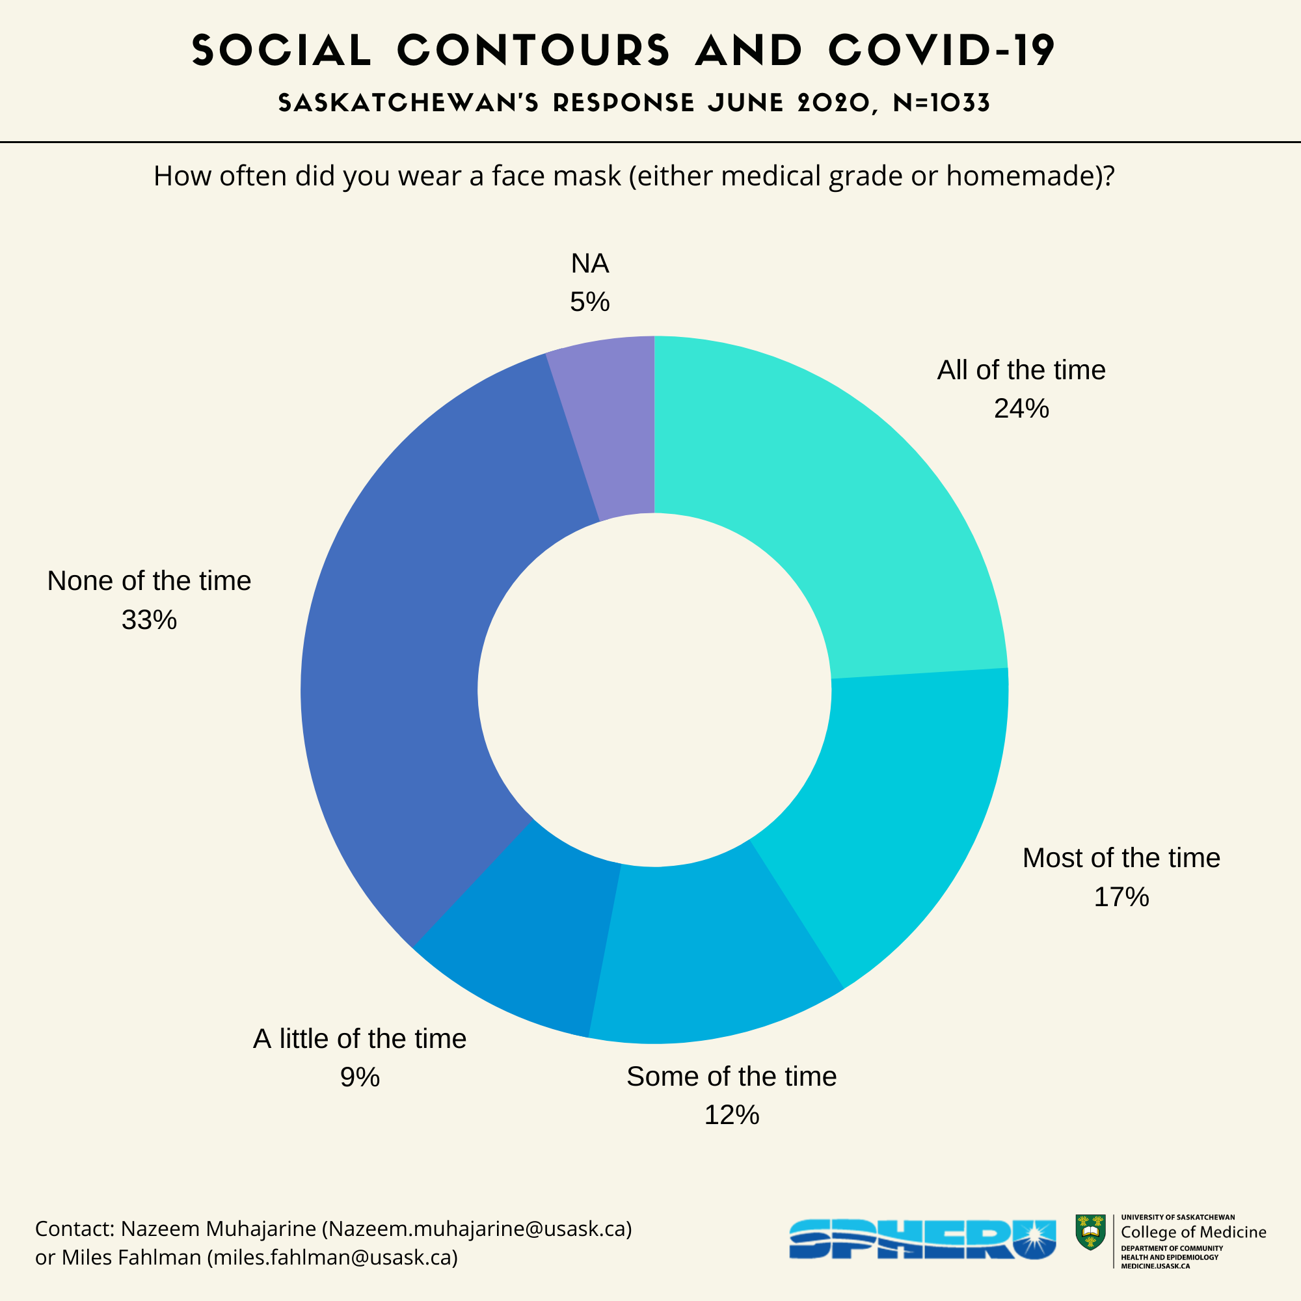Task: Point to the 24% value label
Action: click(x=1021, y=409)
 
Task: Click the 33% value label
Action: click(x=149, y=620)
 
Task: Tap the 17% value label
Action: click(x=1121, y=897)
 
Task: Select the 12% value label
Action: click(x=731, y=1115)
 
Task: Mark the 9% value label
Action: click(x=360, y=1077)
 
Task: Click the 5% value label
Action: click(x=589, y=302)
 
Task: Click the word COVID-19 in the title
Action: click(x=941, y=51)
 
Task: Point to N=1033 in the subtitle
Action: click(x=941, y=103)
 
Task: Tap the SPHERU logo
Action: click(x=922, y=1239)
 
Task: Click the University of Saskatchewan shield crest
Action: click(x=1090, y=1232)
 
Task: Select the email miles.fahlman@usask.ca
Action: click(x=333, y=1257)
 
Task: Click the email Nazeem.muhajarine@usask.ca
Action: click(x=477, y=1229)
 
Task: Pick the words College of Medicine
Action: click(x=1193, y=1232)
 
